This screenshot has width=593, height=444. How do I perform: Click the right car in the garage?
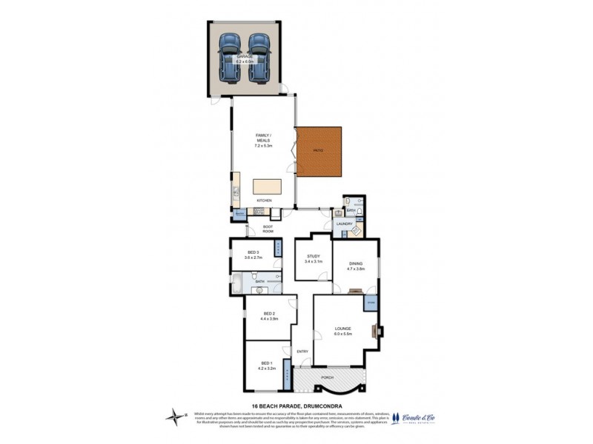(x=258, y=57)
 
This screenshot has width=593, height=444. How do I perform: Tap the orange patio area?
(x=319, y=152)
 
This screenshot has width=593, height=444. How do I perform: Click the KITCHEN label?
(x=264, y=201)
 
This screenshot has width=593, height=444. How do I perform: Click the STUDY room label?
(x=311, y=257)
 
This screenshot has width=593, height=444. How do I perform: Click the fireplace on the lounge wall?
(x=378, y=332)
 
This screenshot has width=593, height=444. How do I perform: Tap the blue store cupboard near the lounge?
(x=370, y=303)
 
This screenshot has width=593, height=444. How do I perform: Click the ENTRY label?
(x=302, y=351)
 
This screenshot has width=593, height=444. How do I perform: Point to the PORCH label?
(x=328, y=378)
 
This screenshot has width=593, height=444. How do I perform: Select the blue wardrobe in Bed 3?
(x=279, y=248)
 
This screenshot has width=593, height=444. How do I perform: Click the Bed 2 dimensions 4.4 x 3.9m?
(x=268, y=319)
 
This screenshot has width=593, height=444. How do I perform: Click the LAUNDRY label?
(x=343, y=223)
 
